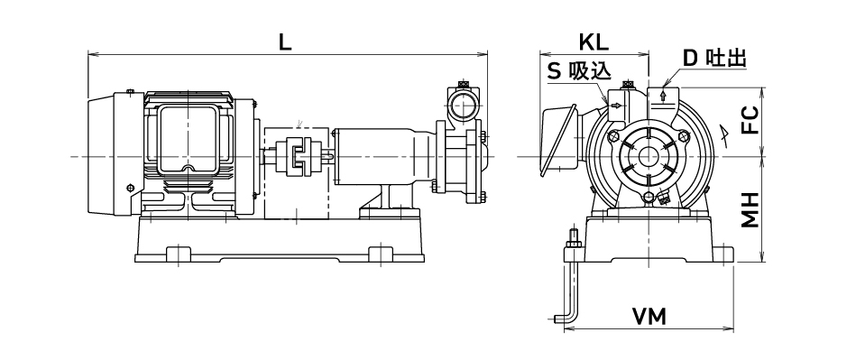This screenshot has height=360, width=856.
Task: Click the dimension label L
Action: (285, 42)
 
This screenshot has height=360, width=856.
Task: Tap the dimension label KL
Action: (594, 42)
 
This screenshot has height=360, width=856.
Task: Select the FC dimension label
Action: (751, 120)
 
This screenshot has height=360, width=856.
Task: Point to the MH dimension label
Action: (751, 210)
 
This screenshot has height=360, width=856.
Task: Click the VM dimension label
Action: (649, 317)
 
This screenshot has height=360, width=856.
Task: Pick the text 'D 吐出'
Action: (714, 58)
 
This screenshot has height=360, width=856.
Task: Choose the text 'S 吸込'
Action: (579, 71)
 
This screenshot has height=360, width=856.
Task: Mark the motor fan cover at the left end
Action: (102, 156)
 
